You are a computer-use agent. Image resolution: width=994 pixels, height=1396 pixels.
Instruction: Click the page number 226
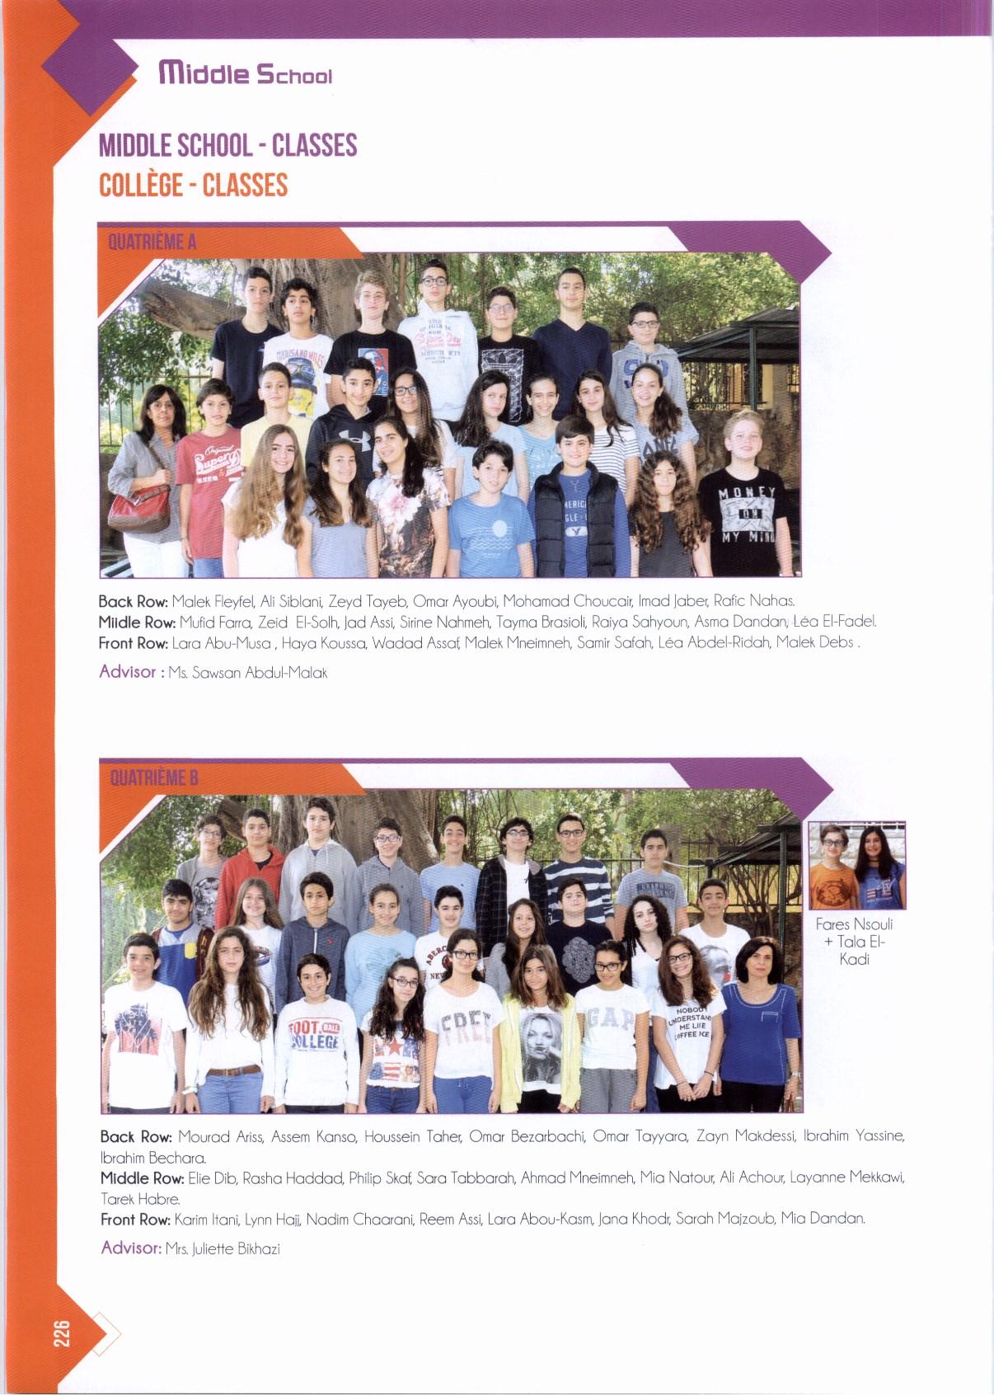click(x=62, y=1333)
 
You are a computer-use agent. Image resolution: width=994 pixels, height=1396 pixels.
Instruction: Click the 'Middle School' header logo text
click(x=246, y=74)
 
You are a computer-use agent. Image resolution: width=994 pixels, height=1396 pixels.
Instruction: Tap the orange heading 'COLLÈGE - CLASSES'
click(x=193, y=185)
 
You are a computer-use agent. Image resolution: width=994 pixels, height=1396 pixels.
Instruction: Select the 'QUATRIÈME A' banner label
click(x=152, y=242)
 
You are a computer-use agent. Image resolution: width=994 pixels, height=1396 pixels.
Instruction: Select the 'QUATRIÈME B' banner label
click(x=154, y=778)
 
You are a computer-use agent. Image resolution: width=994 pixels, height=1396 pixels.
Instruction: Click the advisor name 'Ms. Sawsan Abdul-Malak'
click(x=247, y=673)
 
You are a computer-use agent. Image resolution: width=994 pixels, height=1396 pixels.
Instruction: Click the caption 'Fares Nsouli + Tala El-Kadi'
click(x=854, y=941)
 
